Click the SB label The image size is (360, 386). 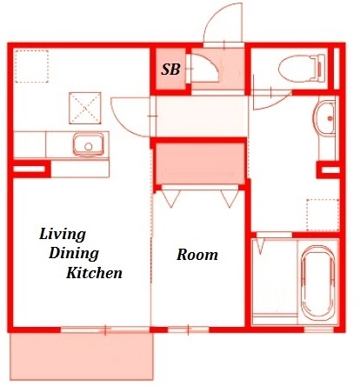pyautogui.click(x=170, y=70)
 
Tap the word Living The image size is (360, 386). pyautogui.click(x=63, y=235)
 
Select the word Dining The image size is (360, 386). pyautogui.click(x=74, y=254)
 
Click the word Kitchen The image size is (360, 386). pyautogui.click(x=95, y=273)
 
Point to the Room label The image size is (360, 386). pyautogui.click(x=197, y=255)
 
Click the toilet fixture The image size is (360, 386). pyautogui.click(x=302, y=69)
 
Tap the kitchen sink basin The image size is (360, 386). pyautogui.click(x=89, y=144)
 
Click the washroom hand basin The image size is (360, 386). pyautogui.click(x=324, y=117)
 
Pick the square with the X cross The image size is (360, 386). pyautogui.click(x=85, y=108)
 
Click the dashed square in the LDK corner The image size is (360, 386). pyautogui.click(x=31, y=66)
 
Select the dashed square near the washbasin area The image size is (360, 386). pyautogui.click(x=323, y=216)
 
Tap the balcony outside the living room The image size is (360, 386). pyautogui.click(x=82, y=356)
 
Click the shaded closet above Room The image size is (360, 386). pyautogui.click(x=200, y=163)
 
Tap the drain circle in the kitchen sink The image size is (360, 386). pyautogui.click(x=89, y=147)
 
